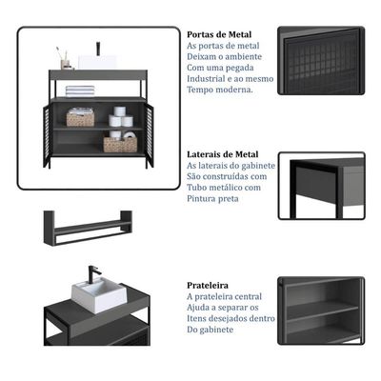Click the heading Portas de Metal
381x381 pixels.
pos(219,34)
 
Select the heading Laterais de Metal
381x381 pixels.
pos(223,154)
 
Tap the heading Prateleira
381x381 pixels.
pos(208,285)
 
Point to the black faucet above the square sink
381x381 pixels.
pos(94,275)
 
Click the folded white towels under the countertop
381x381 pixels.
pos(80,91)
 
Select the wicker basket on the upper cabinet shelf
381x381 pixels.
pos(80,117)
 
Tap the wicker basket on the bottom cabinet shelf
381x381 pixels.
pos(120,145)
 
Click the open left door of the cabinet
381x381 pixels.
pos(47,136)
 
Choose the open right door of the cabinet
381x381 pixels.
pos(150,136)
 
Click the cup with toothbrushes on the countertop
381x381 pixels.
pos(66,59)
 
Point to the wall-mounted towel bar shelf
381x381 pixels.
pos(88,228)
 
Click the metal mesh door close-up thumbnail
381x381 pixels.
pos(321,61)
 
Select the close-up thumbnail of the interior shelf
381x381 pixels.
pos(321,311)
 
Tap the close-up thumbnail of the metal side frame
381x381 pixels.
pos(322,186)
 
